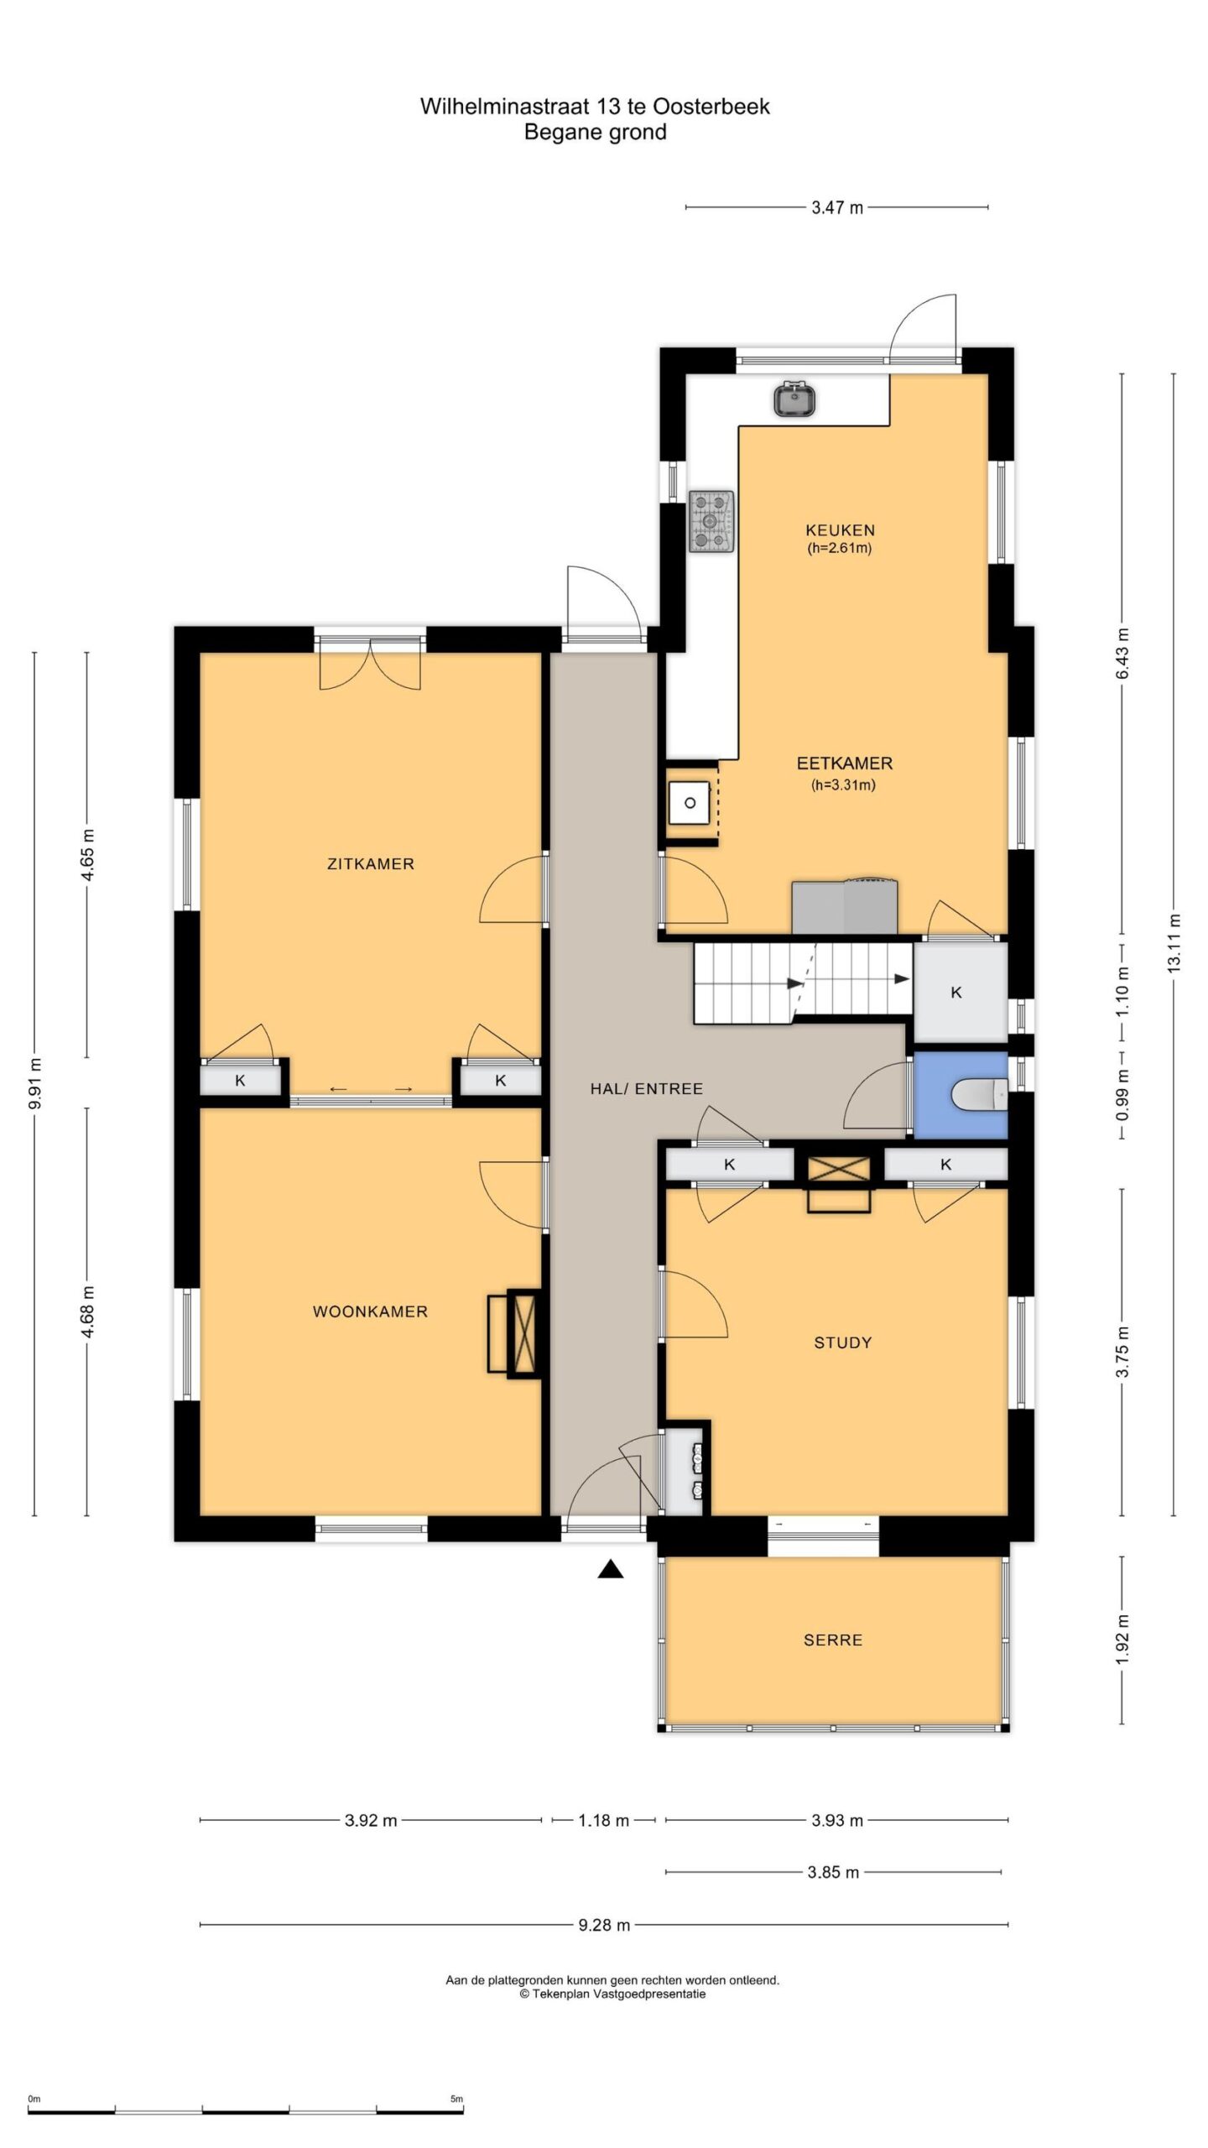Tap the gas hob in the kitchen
click(x=711, y=522)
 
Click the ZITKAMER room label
click(x=371, y=863)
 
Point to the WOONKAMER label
click(x=370, y=1311)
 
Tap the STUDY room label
click(x=843, y=1342)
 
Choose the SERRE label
click(x=833, y=1640)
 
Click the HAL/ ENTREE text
click(x=646, y=1089)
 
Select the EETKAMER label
click(x=845, y=764)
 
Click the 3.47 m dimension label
click(x=836, y=207)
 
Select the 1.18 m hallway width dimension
click(x=603, y=1821)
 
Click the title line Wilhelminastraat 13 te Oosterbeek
click(x=595, y=107)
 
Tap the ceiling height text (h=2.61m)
click(x=840, y=549)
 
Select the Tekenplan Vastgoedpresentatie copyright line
click(x=612, y=1994)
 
